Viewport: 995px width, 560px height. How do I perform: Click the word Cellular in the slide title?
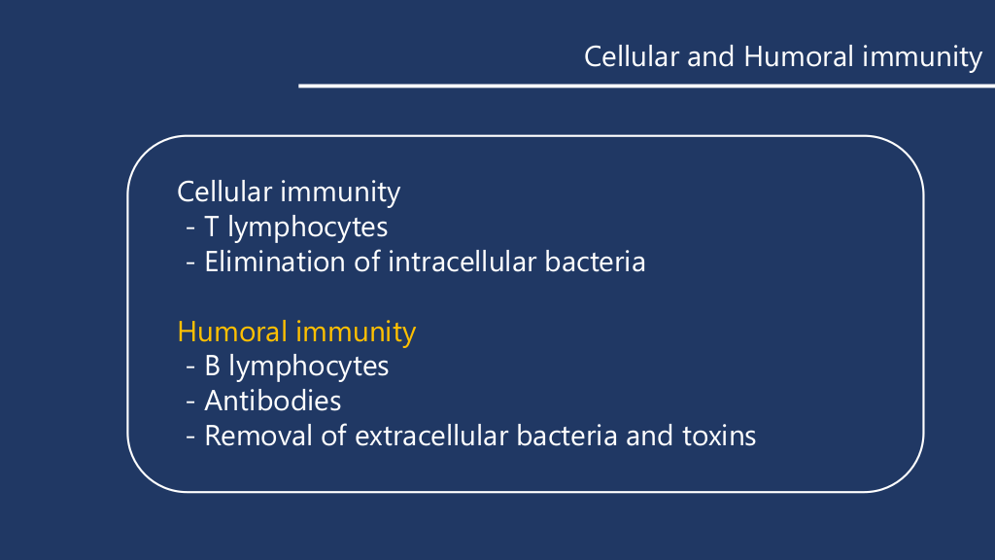[x=632, y=56]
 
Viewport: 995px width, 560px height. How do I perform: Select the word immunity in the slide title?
[x=922, y=57]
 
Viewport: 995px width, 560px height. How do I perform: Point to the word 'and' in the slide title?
[x=710, y=56]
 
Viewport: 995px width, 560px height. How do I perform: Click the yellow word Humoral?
[x=232, y=332]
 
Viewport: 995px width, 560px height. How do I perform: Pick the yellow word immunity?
[x=356, y=332]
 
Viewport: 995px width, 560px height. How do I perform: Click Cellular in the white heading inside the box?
[x=224, y=192]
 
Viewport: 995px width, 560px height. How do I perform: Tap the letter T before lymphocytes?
[x=211, y=227]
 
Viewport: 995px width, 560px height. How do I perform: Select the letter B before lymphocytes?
[x=212, y=367]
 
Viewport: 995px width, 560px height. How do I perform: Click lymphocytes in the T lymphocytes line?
[x=308, y=227]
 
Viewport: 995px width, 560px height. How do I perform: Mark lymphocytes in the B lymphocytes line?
[x=308, y=367]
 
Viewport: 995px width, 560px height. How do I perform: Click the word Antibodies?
[x=273, y=402]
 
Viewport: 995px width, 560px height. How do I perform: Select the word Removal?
[x=258, y=437]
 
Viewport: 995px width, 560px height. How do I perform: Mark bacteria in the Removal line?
[x=566, y=437]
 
